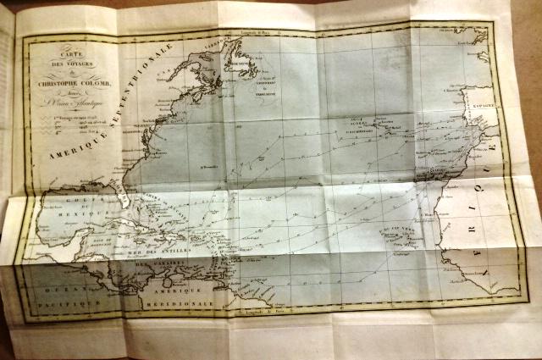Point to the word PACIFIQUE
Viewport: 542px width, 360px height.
point(65,300)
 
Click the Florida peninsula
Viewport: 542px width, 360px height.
point(135,191)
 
